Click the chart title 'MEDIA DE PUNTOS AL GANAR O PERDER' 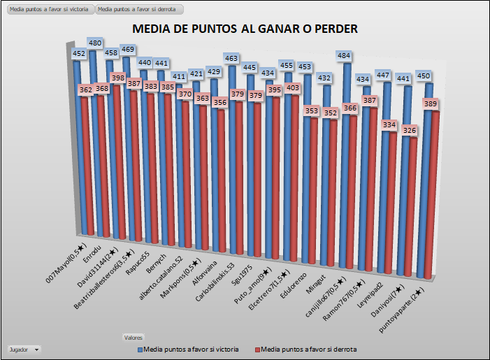[245, 29]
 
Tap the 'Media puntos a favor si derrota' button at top [140, 10]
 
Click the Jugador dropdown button [24, 348]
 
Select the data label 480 [96, 42]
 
